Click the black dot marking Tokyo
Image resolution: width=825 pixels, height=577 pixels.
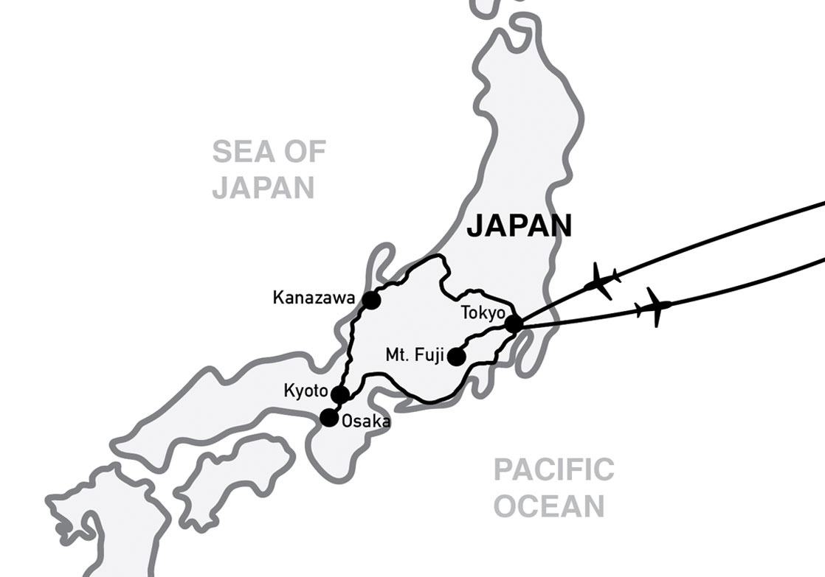click(514, 324)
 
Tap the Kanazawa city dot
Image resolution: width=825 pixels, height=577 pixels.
click(370, 300)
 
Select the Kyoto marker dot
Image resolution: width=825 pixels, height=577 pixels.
click(340, 394)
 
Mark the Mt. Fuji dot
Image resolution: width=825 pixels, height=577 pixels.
click(457, 357)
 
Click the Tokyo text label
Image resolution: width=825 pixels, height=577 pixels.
click(483, 312)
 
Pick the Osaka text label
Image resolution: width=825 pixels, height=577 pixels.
click(366, 422)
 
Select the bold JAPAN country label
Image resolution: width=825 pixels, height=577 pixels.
click(519, 226)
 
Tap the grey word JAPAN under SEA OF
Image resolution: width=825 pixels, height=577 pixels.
click(263, 187)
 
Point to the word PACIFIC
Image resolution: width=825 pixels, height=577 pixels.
click(553, 469)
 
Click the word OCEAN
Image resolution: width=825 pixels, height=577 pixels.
click(549, 506)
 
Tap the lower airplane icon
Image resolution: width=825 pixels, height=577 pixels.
click(654, 307)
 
